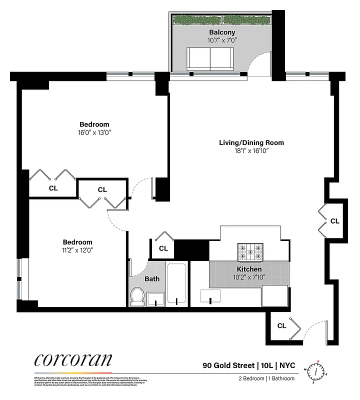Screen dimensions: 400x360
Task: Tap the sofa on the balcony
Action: pyautogui.click(x=210, y=59)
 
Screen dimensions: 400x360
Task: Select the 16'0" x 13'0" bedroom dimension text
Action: pyautogui.click(x=94, y=133)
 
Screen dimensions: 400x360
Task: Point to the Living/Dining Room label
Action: pyautogui.click(x=251, y=143)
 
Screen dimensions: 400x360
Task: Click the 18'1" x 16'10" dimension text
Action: pyautogui.click(x=251, y=151)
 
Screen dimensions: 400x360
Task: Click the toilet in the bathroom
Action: pyautogui.click(x=137, y=298)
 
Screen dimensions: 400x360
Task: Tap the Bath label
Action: pyautogui.click(x=152, y=278)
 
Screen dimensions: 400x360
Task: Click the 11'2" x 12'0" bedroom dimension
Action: pyautogui.click(x=77, y=249)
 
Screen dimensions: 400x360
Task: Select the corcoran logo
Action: pyautogui.click(x=73, y=360)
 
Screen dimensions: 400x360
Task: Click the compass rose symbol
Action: pyautogui.click(x=316, y=371)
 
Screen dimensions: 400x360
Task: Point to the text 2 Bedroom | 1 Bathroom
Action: pyautogui.click(x=266, y=378)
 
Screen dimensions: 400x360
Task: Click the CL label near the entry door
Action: pyautogui.click(x=281, y=325)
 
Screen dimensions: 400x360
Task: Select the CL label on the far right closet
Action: pyautogui.click(x=334, y=220)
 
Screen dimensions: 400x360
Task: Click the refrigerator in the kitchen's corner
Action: pyautogui.click(x=274, y=295)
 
